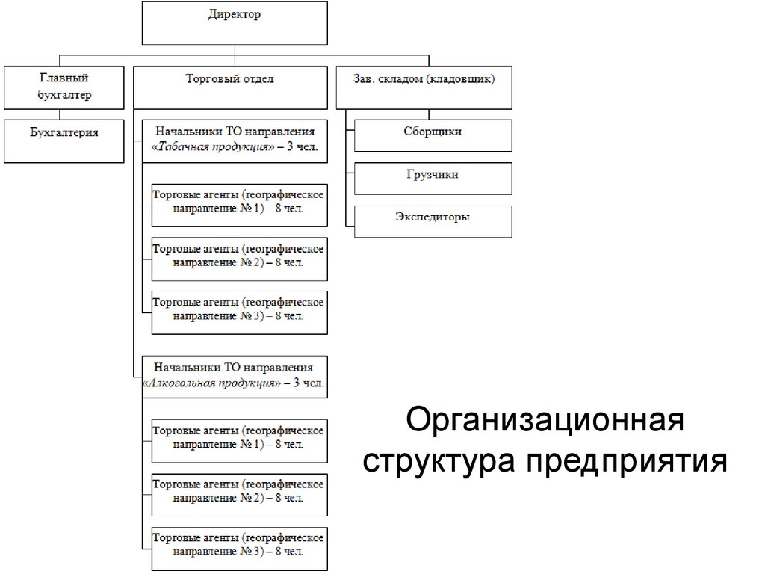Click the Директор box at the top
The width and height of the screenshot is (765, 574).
[x=235, y=23]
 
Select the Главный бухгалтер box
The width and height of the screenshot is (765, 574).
[x=64, y=87]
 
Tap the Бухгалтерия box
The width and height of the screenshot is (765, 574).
[x=64, y=141]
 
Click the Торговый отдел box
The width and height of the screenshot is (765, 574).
[x=230, y=87]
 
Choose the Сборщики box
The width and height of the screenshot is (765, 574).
[x=433, y=135]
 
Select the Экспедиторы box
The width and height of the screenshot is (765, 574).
[x=433, y=222]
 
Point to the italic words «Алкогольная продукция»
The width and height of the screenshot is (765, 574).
[x=211, y=383]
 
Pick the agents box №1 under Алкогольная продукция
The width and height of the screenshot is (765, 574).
[x=239, y=441]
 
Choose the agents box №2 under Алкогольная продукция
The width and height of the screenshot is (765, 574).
[x=239, y=494]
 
